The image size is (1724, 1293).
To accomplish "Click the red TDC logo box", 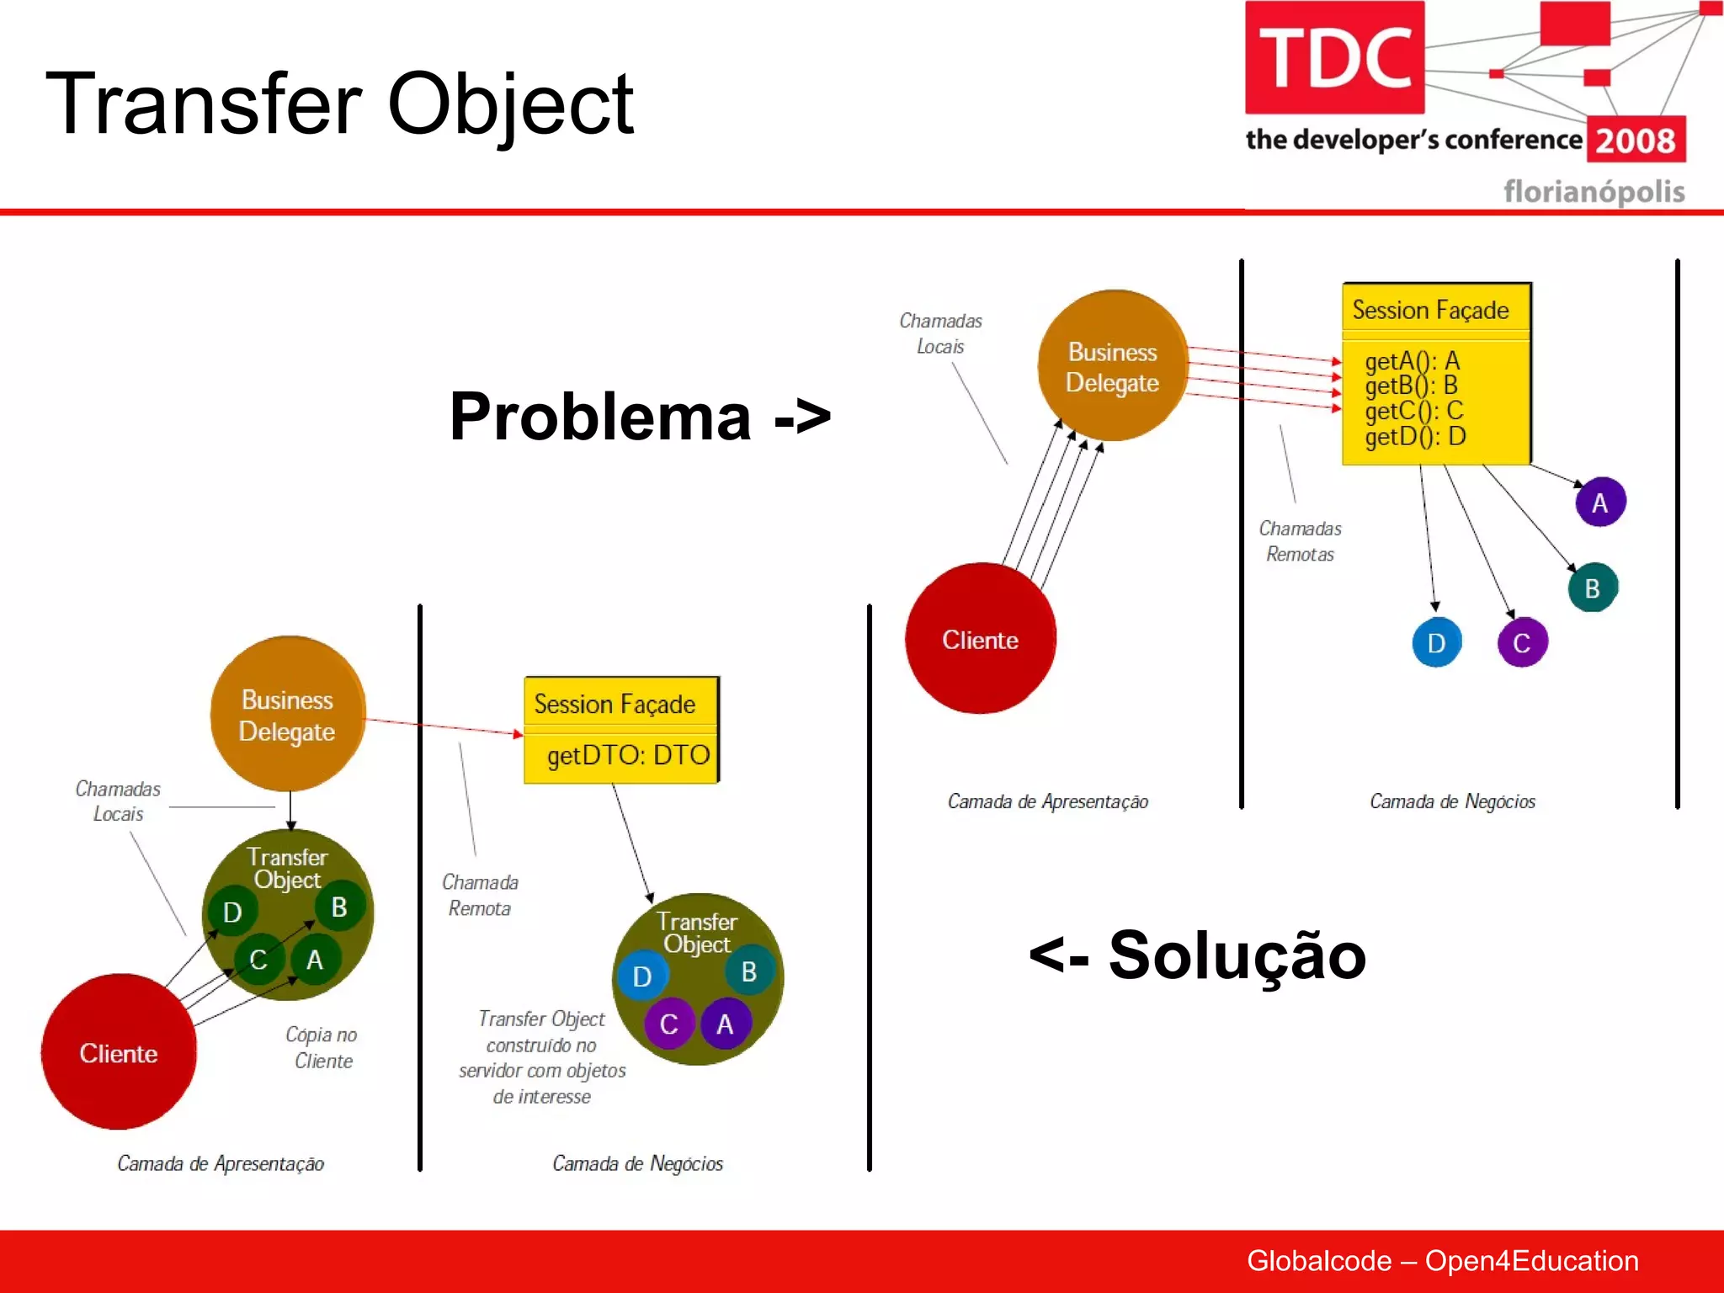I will (x=1334, y=57).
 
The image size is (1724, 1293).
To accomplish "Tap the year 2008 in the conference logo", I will (x=1636, y=141).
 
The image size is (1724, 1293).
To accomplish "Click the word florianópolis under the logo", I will (x=1594, y=192).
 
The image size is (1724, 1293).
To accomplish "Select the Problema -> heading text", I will (x=640, y=416).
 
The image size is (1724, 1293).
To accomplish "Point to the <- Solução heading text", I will (x=1197, y=955).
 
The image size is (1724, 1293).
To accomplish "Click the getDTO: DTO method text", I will (x=628, y=755).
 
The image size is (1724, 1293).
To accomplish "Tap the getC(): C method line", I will (x=1414, y=411).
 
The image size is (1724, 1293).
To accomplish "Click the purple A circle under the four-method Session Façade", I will (x=1599, y=503).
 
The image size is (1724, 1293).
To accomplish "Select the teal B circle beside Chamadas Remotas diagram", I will (x=1592, y=588).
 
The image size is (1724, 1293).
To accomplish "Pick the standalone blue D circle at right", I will (x=1436, y=643).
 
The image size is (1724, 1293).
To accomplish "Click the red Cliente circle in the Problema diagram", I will (x=980, y=640).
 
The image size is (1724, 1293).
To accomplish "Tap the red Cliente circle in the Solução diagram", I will (x=119, y=1052).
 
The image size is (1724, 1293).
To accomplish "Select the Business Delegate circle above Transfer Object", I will (x=287, y=715).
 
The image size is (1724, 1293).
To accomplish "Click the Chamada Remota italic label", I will (x=480, y=895).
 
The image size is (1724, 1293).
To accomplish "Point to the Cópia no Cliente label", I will (x=322, y=1047).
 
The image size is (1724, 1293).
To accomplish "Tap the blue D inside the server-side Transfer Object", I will (x=642, y=976).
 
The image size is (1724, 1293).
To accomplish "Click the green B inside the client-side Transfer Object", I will (x=339, y=907).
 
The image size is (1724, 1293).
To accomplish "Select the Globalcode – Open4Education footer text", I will (x=1442, y=1260).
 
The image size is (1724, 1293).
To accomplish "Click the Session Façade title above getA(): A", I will (x=1430, y=310).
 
